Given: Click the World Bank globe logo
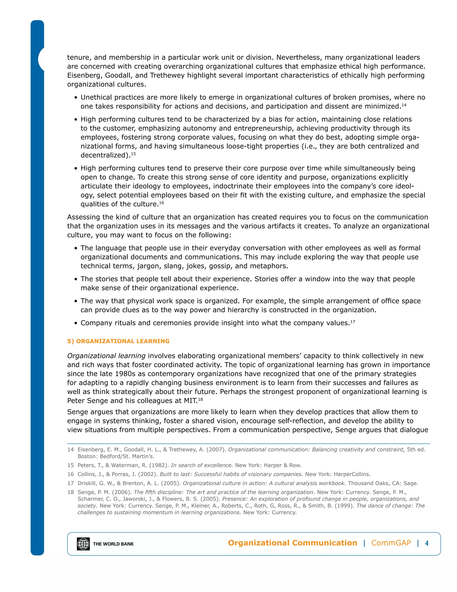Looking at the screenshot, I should (x=83, y=544).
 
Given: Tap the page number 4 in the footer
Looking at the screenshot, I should (x=427, y=543).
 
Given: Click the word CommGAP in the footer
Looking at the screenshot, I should (x=391, y=543).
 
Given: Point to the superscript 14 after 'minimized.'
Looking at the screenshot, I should (x=404, y=105).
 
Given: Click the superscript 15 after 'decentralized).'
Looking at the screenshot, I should (x=133, y=154).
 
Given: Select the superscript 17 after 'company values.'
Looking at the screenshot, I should (x=353, y=321).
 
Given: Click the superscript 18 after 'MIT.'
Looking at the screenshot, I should (x=200, y=399).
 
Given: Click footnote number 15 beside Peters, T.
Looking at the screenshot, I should (x=70, y=465).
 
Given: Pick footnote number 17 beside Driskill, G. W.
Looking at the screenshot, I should (x=70, y=483).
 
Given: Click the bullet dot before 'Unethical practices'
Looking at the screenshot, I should (x=76, y=98).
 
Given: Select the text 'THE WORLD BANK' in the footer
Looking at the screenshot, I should (x=113, y=544).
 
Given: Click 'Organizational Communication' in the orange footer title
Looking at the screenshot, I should (x=292, y=543).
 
